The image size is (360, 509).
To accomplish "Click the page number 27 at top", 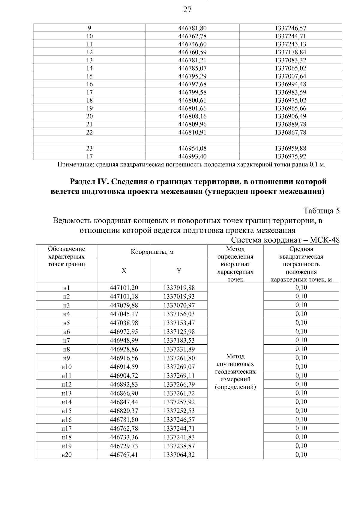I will [x=187, y=10].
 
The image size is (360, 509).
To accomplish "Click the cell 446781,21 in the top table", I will [x=192, y=60].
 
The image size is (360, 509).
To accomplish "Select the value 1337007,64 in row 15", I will [x=290, y=76].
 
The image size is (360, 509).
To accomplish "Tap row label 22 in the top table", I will [x=89, y=132].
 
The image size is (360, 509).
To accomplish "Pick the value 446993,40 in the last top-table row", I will [x=192, y=156].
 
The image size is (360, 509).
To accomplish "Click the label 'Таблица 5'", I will [x=321, y=211].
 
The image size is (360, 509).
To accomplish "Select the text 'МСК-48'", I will [x=325, y=240].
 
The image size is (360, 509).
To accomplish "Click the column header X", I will [x=124, y=271].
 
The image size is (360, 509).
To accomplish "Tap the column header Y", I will [x=179, y=271].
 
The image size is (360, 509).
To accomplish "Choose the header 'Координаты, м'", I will [x=152, y=252].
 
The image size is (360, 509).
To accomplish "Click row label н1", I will [x=66, y=288].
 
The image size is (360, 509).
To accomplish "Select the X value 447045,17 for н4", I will [x=124, y=314].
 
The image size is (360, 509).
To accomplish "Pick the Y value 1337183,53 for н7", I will [x=179, y=340].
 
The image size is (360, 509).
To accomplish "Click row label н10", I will [x=66, y=367].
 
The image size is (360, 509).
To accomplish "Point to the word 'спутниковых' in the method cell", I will [x=235, y=364].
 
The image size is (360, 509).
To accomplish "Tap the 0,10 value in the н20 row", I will [x=301, y=454].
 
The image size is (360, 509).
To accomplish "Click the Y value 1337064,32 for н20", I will [x=179, y=455].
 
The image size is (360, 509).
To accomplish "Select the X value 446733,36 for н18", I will [x=124, y=437].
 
